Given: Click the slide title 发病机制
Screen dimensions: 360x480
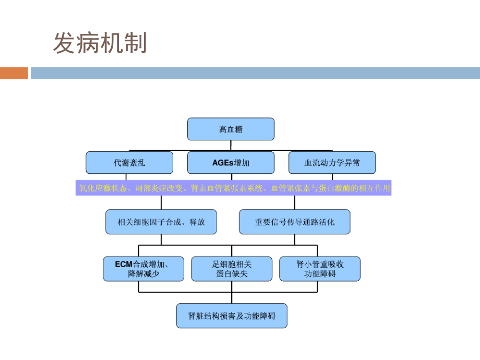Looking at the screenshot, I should coord(100,43).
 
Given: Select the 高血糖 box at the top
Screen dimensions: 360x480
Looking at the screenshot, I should coord(231,129).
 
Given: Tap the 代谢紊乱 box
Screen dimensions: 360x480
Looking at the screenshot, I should coord(129,163).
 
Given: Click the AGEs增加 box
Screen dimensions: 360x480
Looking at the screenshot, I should coord(231,163).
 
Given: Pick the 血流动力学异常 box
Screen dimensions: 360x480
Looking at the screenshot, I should coord(332,163).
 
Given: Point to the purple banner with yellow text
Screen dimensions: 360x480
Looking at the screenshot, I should coord(233,188).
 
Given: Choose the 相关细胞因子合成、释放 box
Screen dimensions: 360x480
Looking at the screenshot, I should coord(161,222).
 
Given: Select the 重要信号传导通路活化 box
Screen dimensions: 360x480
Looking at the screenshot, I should coord(294,222).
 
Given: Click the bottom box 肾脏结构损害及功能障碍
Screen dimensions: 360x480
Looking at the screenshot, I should coord(232,316).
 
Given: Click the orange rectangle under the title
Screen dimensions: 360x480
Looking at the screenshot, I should coord(14,73).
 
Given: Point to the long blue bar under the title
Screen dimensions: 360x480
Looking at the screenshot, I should coord(255,73).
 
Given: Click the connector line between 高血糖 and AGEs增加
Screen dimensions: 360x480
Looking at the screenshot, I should coord(231,146).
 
